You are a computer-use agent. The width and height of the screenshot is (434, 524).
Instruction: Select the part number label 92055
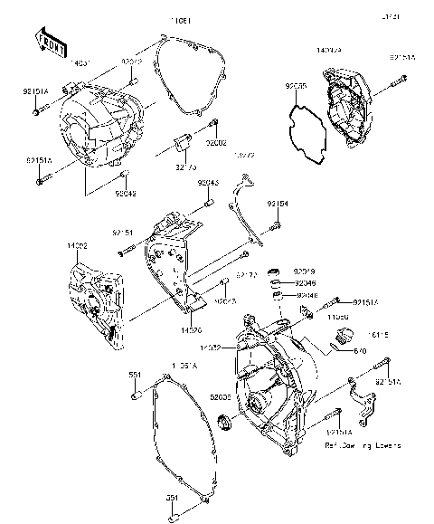pyautogui.click(x=296, y=88)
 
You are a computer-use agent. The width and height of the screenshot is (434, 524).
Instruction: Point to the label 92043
pyautogui.click(x=210, y=184)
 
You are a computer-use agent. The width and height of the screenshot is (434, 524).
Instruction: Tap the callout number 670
pyautogui.click(x=358, y=350)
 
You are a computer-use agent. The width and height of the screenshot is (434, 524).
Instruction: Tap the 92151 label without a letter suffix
pyautogui.click(x=123, y=233)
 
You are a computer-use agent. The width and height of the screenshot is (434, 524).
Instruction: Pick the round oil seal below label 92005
pyautogui.click(x=226, y=421)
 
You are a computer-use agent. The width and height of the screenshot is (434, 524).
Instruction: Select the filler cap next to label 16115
pyautogui.click(x=342, y=338)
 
